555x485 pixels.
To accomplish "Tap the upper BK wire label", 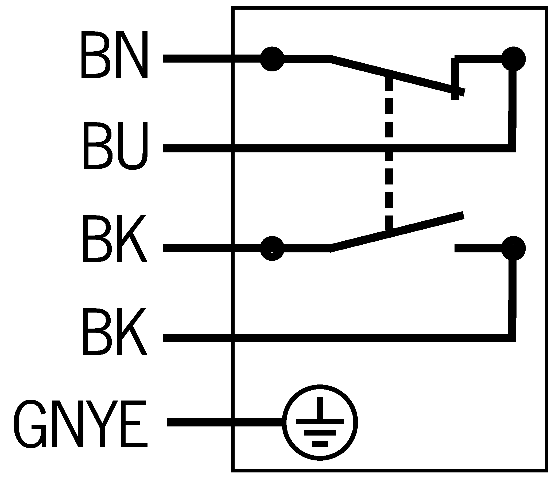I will (115, 239).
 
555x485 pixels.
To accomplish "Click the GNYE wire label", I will (81, 424).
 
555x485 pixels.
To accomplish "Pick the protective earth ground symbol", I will (319, 422).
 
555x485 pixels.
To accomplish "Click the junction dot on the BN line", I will (272, 59).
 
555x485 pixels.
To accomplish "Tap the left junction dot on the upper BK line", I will (272, 248).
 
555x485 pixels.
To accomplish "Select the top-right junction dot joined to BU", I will (513, 59).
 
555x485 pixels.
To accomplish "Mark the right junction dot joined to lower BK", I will (513, 248).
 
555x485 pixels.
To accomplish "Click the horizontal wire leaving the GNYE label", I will (224, 422).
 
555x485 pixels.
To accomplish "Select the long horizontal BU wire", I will (325, 148).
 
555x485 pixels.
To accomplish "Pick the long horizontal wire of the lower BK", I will (325, 338).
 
